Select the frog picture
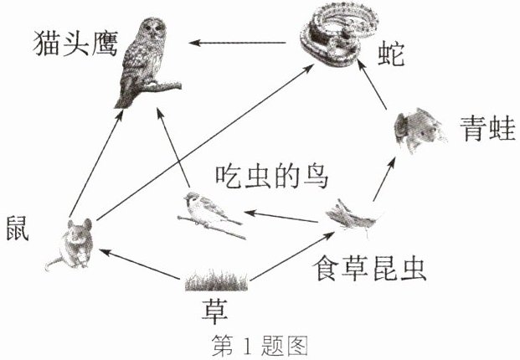tap(420, 130)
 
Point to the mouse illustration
tap(71, 244)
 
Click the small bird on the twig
tap(210, 213)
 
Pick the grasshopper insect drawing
tap(353, 217)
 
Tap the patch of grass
tap(216, 280)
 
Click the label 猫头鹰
tap(75, 44)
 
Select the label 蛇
tap(391, 54)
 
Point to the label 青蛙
tap(487, 129)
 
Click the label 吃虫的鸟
tap(272, 177)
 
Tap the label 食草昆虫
tap(369, 268)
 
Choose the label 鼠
tap(18, 228)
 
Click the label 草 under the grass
tap(215, 311)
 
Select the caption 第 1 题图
tap(260, 346)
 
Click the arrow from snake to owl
tap(238, 43)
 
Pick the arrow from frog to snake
tap(372, 85)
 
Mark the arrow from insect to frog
tap(384, 179)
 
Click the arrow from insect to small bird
tap(281, 217)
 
